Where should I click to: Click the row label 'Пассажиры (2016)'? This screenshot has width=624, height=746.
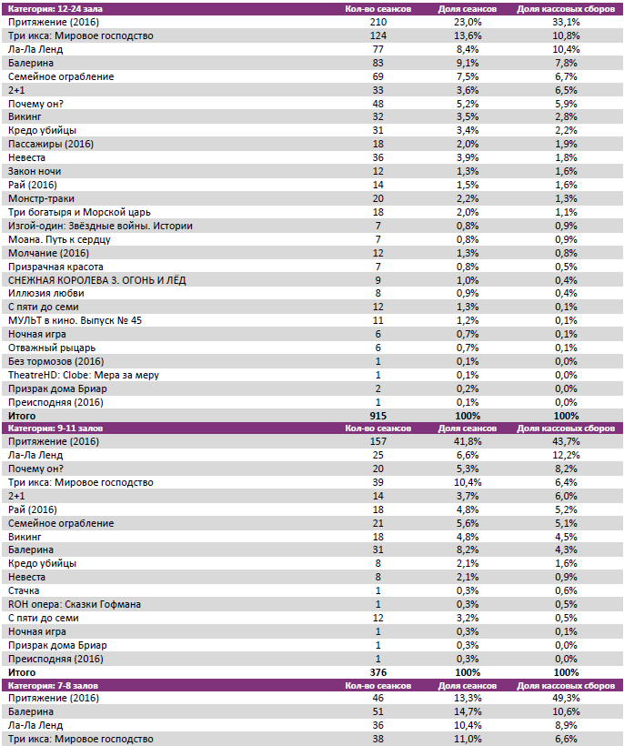[51, 144]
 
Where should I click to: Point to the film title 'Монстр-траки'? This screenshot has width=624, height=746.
[41, 198]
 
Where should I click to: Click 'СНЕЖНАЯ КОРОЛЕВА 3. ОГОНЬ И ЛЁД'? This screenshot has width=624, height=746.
[96, 279]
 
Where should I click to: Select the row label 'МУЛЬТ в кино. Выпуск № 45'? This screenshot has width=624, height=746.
[75, 320]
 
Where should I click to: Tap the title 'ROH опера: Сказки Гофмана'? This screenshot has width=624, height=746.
[74, 604]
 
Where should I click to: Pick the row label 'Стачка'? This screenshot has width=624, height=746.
[24, 590]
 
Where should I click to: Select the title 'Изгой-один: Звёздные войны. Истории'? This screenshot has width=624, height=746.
[100, 226]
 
